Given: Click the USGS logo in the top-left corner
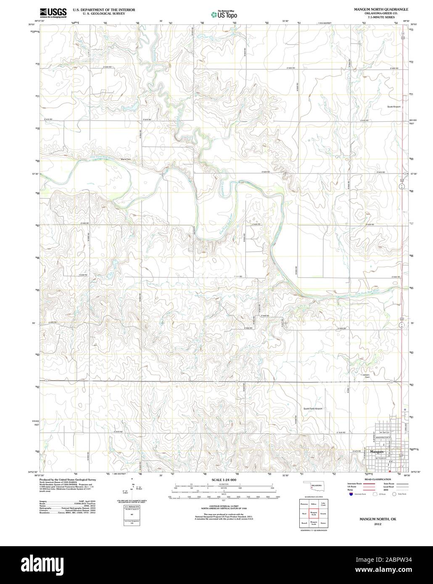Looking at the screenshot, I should click(53, 13).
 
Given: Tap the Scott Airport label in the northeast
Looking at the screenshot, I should click(394, 107).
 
